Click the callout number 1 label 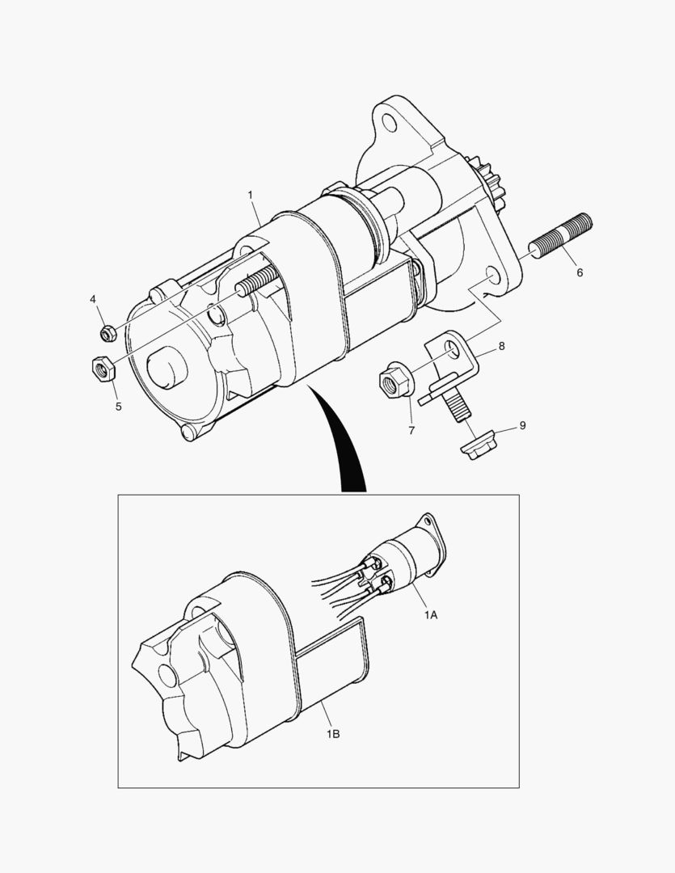250,195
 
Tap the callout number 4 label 93,300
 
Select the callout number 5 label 118,407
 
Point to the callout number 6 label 580,272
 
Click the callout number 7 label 411,430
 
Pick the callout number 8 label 502,346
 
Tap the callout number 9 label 522,425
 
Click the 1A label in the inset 431,614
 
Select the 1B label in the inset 333,734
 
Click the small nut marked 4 108,334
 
